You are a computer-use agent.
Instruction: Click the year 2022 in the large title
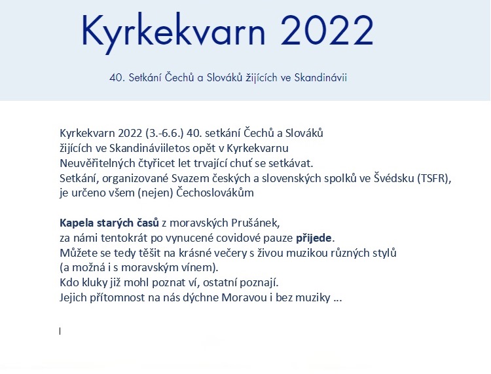pyautogui.click(x=327, y=30)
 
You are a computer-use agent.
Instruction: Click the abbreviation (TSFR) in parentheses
pyautogui.click(x=434, y=178)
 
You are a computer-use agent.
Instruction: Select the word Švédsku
pyautogui.click(x=394, y=178)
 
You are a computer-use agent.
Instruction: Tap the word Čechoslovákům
pyautogui.click(x=215, y=193)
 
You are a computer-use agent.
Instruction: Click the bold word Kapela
pyautogui.click(x=77, y=223)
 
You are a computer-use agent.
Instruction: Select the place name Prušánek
pyautogui.click(x=255, y=223)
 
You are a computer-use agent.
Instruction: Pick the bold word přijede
pyautogui.click(x=314, y=238)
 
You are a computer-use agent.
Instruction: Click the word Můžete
pyautogui.click(x=79, y=253)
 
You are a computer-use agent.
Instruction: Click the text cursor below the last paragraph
pyautogui.click(x=60, y=331)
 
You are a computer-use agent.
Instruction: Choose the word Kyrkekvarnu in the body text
pyautogui.click(x=257, y=149)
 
